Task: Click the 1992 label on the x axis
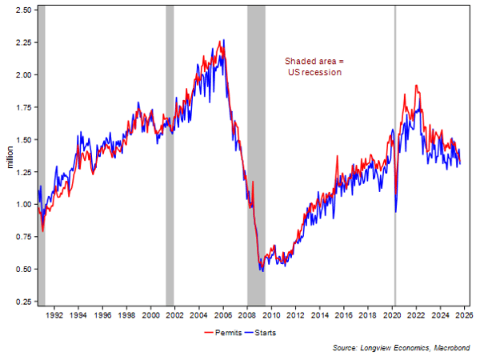click(x=54, y=316)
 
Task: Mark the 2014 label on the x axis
click(x=322, y=316)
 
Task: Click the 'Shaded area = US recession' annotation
click(x=314, y=66)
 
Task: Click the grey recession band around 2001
click(x=170, y=152)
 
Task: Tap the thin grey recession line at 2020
click(x=395, y=152)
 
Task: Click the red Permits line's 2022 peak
click(x=416, y=86)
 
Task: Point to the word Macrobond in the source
click(x=450, y=348)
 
